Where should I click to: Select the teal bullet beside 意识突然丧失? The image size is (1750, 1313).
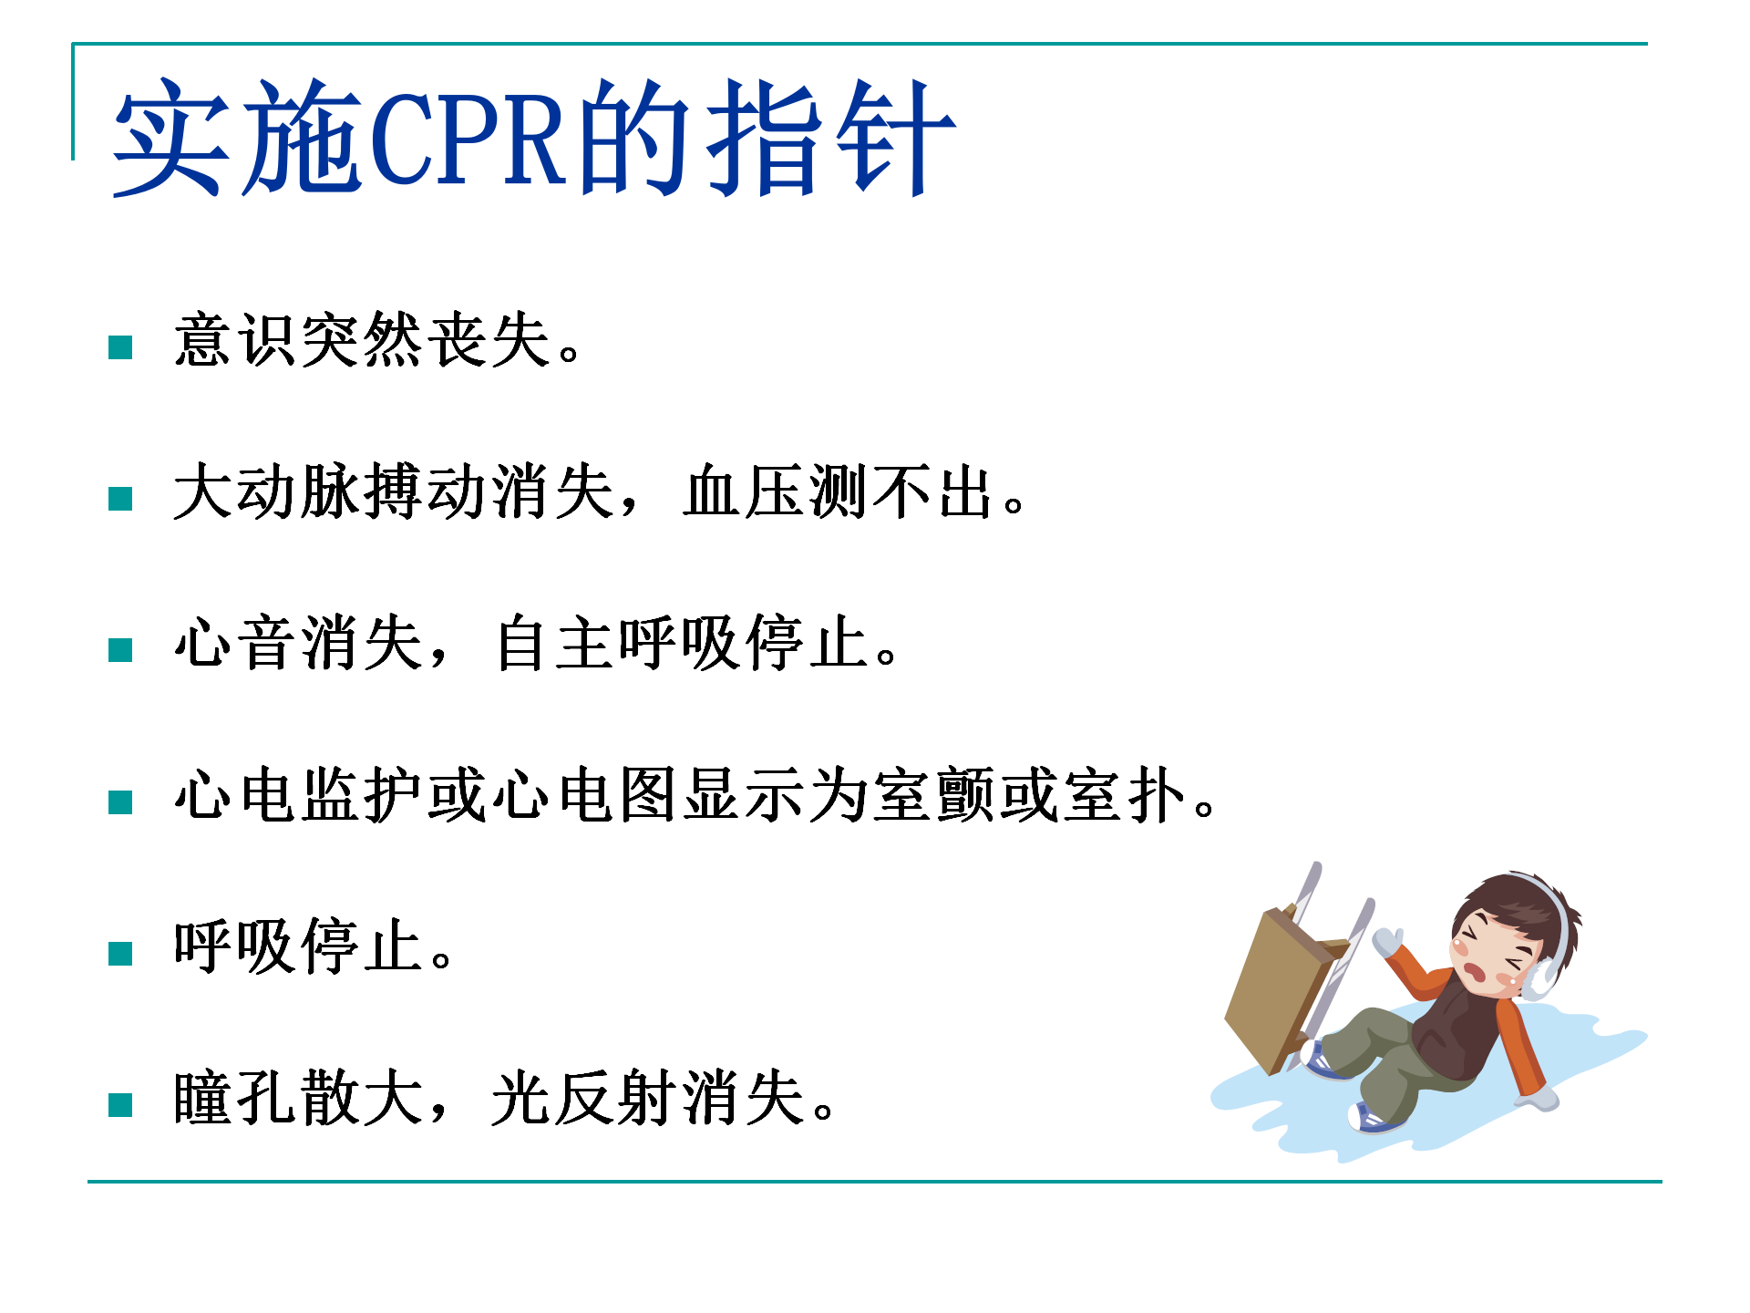point(120,347)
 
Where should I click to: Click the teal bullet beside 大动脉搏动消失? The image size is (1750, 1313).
point(120,499)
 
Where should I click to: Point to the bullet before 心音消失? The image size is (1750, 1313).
point(120,650)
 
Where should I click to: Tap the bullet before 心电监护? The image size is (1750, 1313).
point(120,802)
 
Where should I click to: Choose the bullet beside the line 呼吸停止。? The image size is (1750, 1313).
point(120,954)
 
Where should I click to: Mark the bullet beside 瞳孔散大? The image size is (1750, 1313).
point(120,1105)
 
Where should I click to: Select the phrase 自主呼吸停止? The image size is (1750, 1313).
point(681,643)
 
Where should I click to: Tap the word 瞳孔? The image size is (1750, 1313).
point(236,1098)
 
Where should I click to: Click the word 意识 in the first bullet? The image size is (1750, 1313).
point(236,340)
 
